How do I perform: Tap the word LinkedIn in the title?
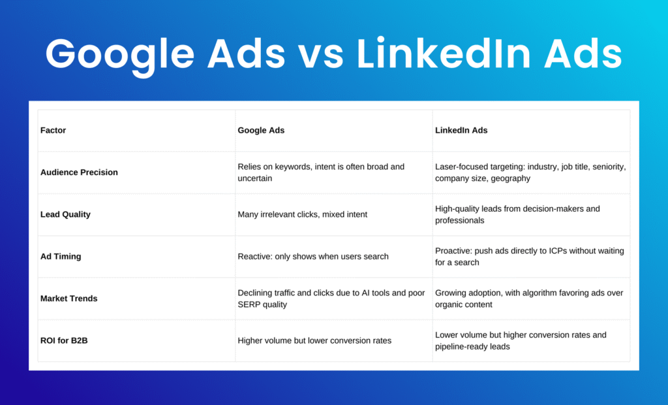click(444, 54)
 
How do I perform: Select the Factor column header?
click(53, 130)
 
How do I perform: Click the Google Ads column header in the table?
click(261, 130)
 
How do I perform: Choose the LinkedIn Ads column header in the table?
click(461, 130)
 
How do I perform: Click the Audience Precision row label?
click(79, 172)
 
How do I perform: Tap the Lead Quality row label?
click(66, 214)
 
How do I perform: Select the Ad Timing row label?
click(61, 257)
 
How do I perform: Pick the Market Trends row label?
click(69, 299)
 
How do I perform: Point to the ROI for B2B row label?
click(65, 340)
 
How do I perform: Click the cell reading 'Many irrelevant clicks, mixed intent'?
click(303, 214)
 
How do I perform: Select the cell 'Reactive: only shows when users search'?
click(313, 257)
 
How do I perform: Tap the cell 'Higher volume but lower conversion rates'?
click(314, 340)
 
